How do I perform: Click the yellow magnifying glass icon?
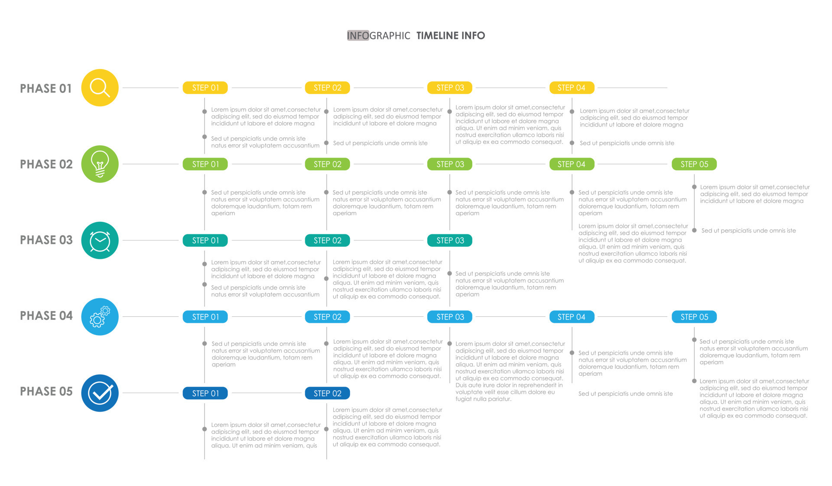coord(100,88)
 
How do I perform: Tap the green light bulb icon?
coord(100,164)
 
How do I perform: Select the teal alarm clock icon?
coord(100,240)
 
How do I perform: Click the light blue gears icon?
coord(100,317)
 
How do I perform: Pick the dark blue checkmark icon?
coord(100,393)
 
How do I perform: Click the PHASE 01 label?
coord(46,89)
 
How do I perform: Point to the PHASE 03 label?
coord(46,240)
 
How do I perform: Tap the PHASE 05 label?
coord(46,391)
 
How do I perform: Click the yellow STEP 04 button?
coord(572,88)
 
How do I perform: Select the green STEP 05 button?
coord(694,164)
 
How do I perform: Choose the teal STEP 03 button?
coord(450,240)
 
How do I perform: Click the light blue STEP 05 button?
coord(694,317)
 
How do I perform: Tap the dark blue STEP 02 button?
coord(328,393)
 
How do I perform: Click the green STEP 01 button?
coord(205,164)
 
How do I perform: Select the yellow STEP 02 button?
coord(328,88)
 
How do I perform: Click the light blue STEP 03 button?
coord(450,317)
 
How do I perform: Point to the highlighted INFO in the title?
coord(358,36)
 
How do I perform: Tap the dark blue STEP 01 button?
coord(205,393)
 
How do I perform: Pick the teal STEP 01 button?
coord(205,240)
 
